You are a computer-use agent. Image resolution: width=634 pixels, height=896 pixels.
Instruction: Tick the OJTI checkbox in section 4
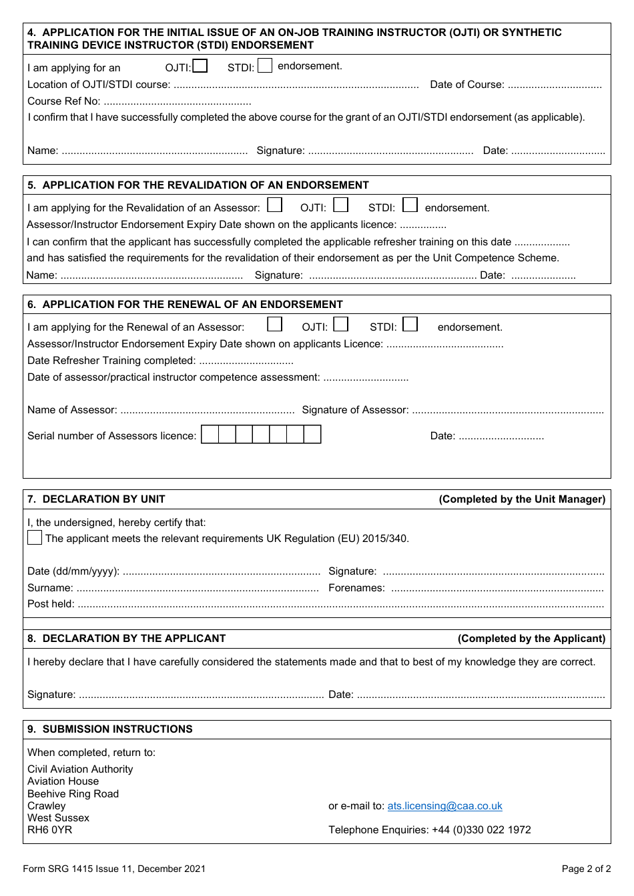[200, 66]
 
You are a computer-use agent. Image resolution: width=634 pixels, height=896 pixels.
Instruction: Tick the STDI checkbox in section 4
[265, 66]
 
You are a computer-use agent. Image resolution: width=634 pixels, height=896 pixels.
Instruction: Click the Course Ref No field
[178, 102]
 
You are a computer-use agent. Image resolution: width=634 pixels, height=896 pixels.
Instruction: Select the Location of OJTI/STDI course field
[296, 85]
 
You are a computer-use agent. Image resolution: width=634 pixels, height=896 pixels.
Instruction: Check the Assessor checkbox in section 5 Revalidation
[274, 205]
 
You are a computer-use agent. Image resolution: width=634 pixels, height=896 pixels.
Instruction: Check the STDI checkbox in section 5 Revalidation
[410, 205]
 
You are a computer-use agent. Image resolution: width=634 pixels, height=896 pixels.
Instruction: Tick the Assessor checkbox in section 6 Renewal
[274, 324]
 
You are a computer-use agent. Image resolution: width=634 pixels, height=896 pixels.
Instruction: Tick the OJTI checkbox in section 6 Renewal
[341, 324]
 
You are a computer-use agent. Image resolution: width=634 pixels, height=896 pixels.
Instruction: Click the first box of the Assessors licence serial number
[210, 435]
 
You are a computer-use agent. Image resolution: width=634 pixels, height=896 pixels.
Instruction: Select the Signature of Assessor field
[507, 411]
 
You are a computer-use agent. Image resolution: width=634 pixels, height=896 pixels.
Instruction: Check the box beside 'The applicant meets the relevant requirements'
[35, 537]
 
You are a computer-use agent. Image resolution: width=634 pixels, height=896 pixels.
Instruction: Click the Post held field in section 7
[340, 605]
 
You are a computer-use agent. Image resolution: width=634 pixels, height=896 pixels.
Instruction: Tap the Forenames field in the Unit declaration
[497, 589]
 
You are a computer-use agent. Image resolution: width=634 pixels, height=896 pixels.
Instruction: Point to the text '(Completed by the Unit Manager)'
[522, 499]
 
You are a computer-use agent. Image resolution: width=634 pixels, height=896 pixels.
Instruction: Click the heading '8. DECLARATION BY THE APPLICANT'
[127, 639]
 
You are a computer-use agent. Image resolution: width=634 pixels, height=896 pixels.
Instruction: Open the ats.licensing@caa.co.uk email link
[444, 806]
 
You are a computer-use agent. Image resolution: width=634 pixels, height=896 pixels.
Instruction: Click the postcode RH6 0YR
[49, 830]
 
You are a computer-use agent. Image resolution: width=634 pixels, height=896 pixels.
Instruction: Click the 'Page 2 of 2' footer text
[586, 869]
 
